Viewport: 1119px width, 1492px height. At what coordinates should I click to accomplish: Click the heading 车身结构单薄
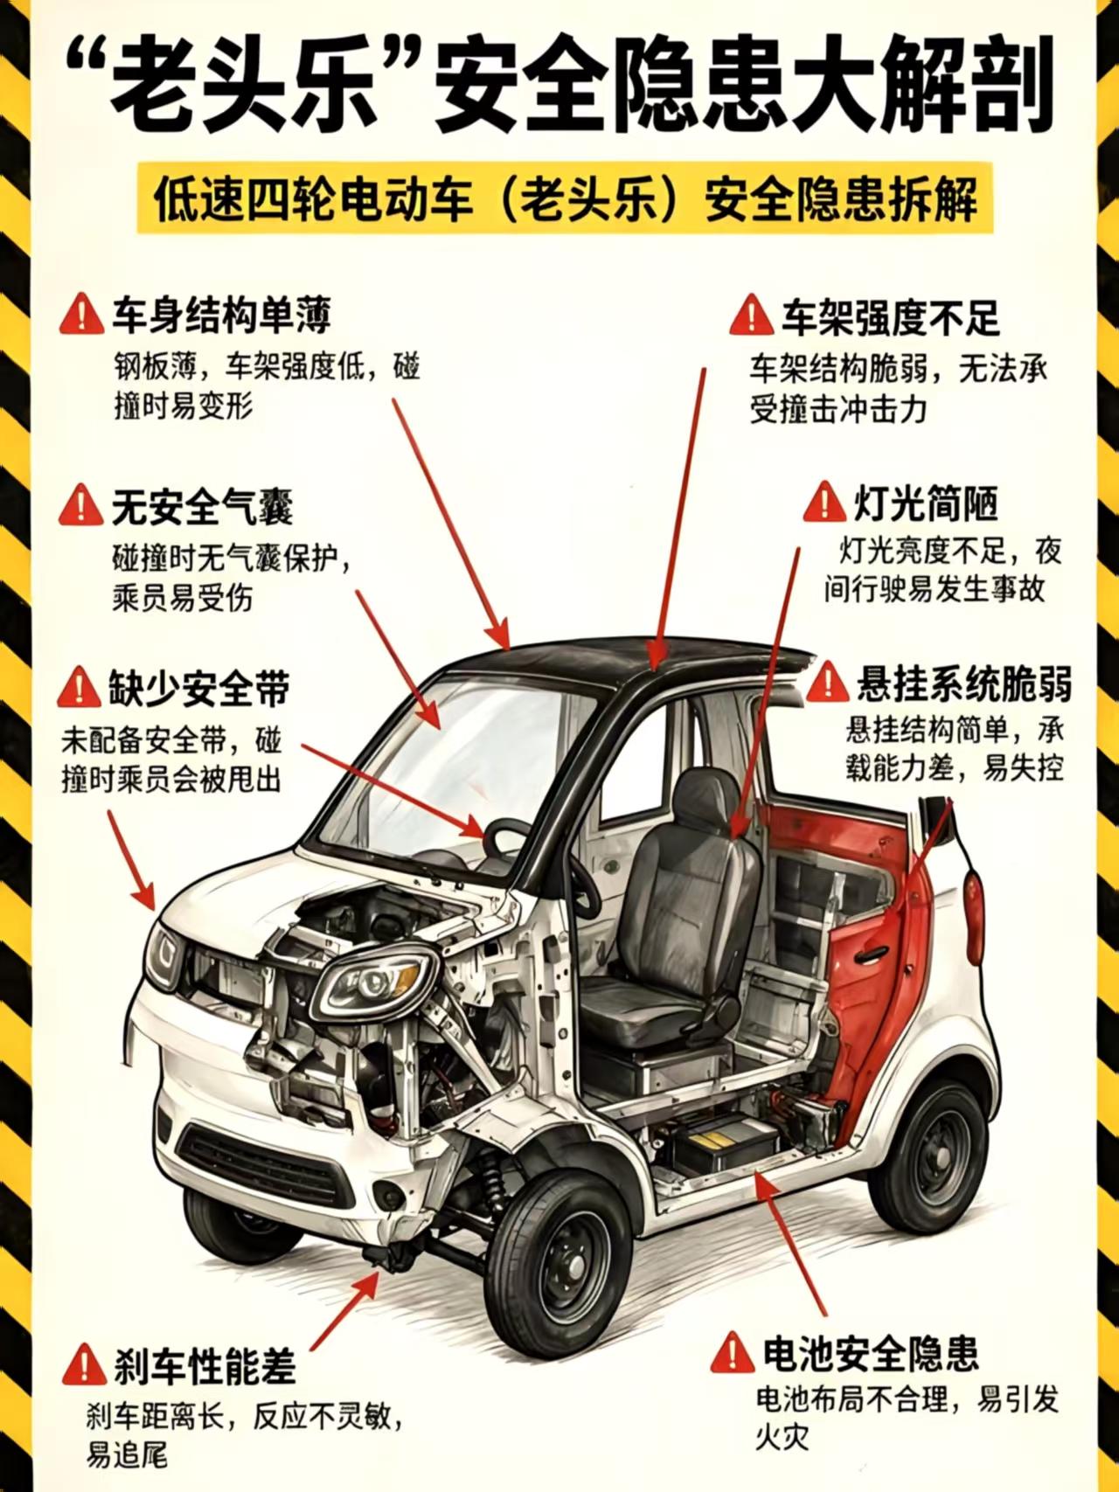click(222, 315)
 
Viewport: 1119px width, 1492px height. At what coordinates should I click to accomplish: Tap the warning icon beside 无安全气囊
click(80, 506)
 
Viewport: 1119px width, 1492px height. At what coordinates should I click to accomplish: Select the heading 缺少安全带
click(199, 689)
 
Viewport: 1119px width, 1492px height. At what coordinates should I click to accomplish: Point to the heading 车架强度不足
click(890, 317)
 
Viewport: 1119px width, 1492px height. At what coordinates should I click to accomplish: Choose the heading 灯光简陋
click(926, 503)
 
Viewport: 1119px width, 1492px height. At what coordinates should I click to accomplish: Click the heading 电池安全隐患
click(870, 1354)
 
